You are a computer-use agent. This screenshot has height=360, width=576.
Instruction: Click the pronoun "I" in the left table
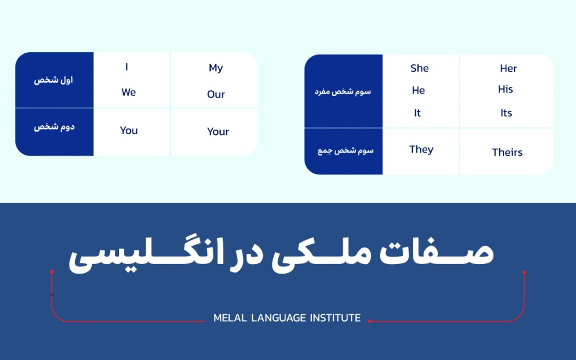click(126, 67)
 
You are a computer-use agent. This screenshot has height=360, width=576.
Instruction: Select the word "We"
click(129, 92)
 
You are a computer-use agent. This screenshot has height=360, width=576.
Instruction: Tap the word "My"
click(216, 68)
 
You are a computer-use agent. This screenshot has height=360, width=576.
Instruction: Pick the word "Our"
click(216, 94)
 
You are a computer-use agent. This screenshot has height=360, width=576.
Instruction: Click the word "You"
click(129, 131)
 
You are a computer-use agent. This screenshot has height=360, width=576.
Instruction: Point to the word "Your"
click(218, 132)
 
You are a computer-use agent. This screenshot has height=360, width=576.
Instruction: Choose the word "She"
click(420, 68)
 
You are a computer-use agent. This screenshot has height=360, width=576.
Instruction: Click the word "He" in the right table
click(419, 91)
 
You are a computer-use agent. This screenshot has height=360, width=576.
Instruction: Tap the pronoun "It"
click(418, 113)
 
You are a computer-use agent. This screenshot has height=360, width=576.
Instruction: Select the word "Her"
click(508, 68)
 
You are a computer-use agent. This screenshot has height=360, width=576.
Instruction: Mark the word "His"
click(506, 89)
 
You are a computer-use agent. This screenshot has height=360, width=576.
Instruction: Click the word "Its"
click(506, 113)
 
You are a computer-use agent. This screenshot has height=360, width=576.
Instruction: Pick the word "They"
click(421, 149)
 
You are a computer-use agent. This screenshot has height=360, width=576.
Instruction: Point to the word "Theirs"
click(507, 153)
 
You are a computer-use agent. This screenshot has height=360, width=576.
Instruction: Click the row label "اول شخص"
click(54, 81)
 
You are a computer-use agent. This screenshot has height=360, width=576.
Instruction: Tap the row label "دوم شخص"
click(54, 127)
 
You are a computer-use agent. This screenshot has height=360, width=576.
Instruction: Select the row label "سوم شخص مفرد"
click(342, 91)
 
